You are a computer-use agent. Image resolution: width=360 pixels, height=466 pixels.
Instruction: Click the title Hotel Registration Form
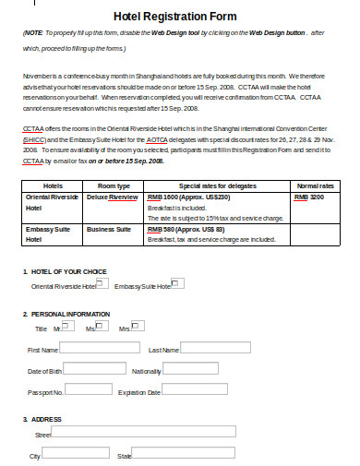click(181, 16)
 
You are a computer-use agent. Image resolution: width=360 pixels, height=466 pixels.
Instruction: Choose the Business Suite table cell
click(108, 228)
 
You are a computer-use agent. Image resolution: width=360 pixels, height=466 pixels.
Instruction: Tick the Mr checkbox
click(66, 325)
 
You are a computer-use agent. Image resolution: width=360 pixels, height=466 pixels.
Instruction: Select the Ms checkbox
click(101, 325)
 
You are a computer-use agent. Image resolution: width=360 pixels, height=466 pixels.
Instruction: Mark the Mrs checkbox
click(137, 325)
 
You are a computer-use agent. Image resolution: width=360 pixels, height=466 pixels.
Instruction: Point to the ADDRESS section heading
click(44, 419)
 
